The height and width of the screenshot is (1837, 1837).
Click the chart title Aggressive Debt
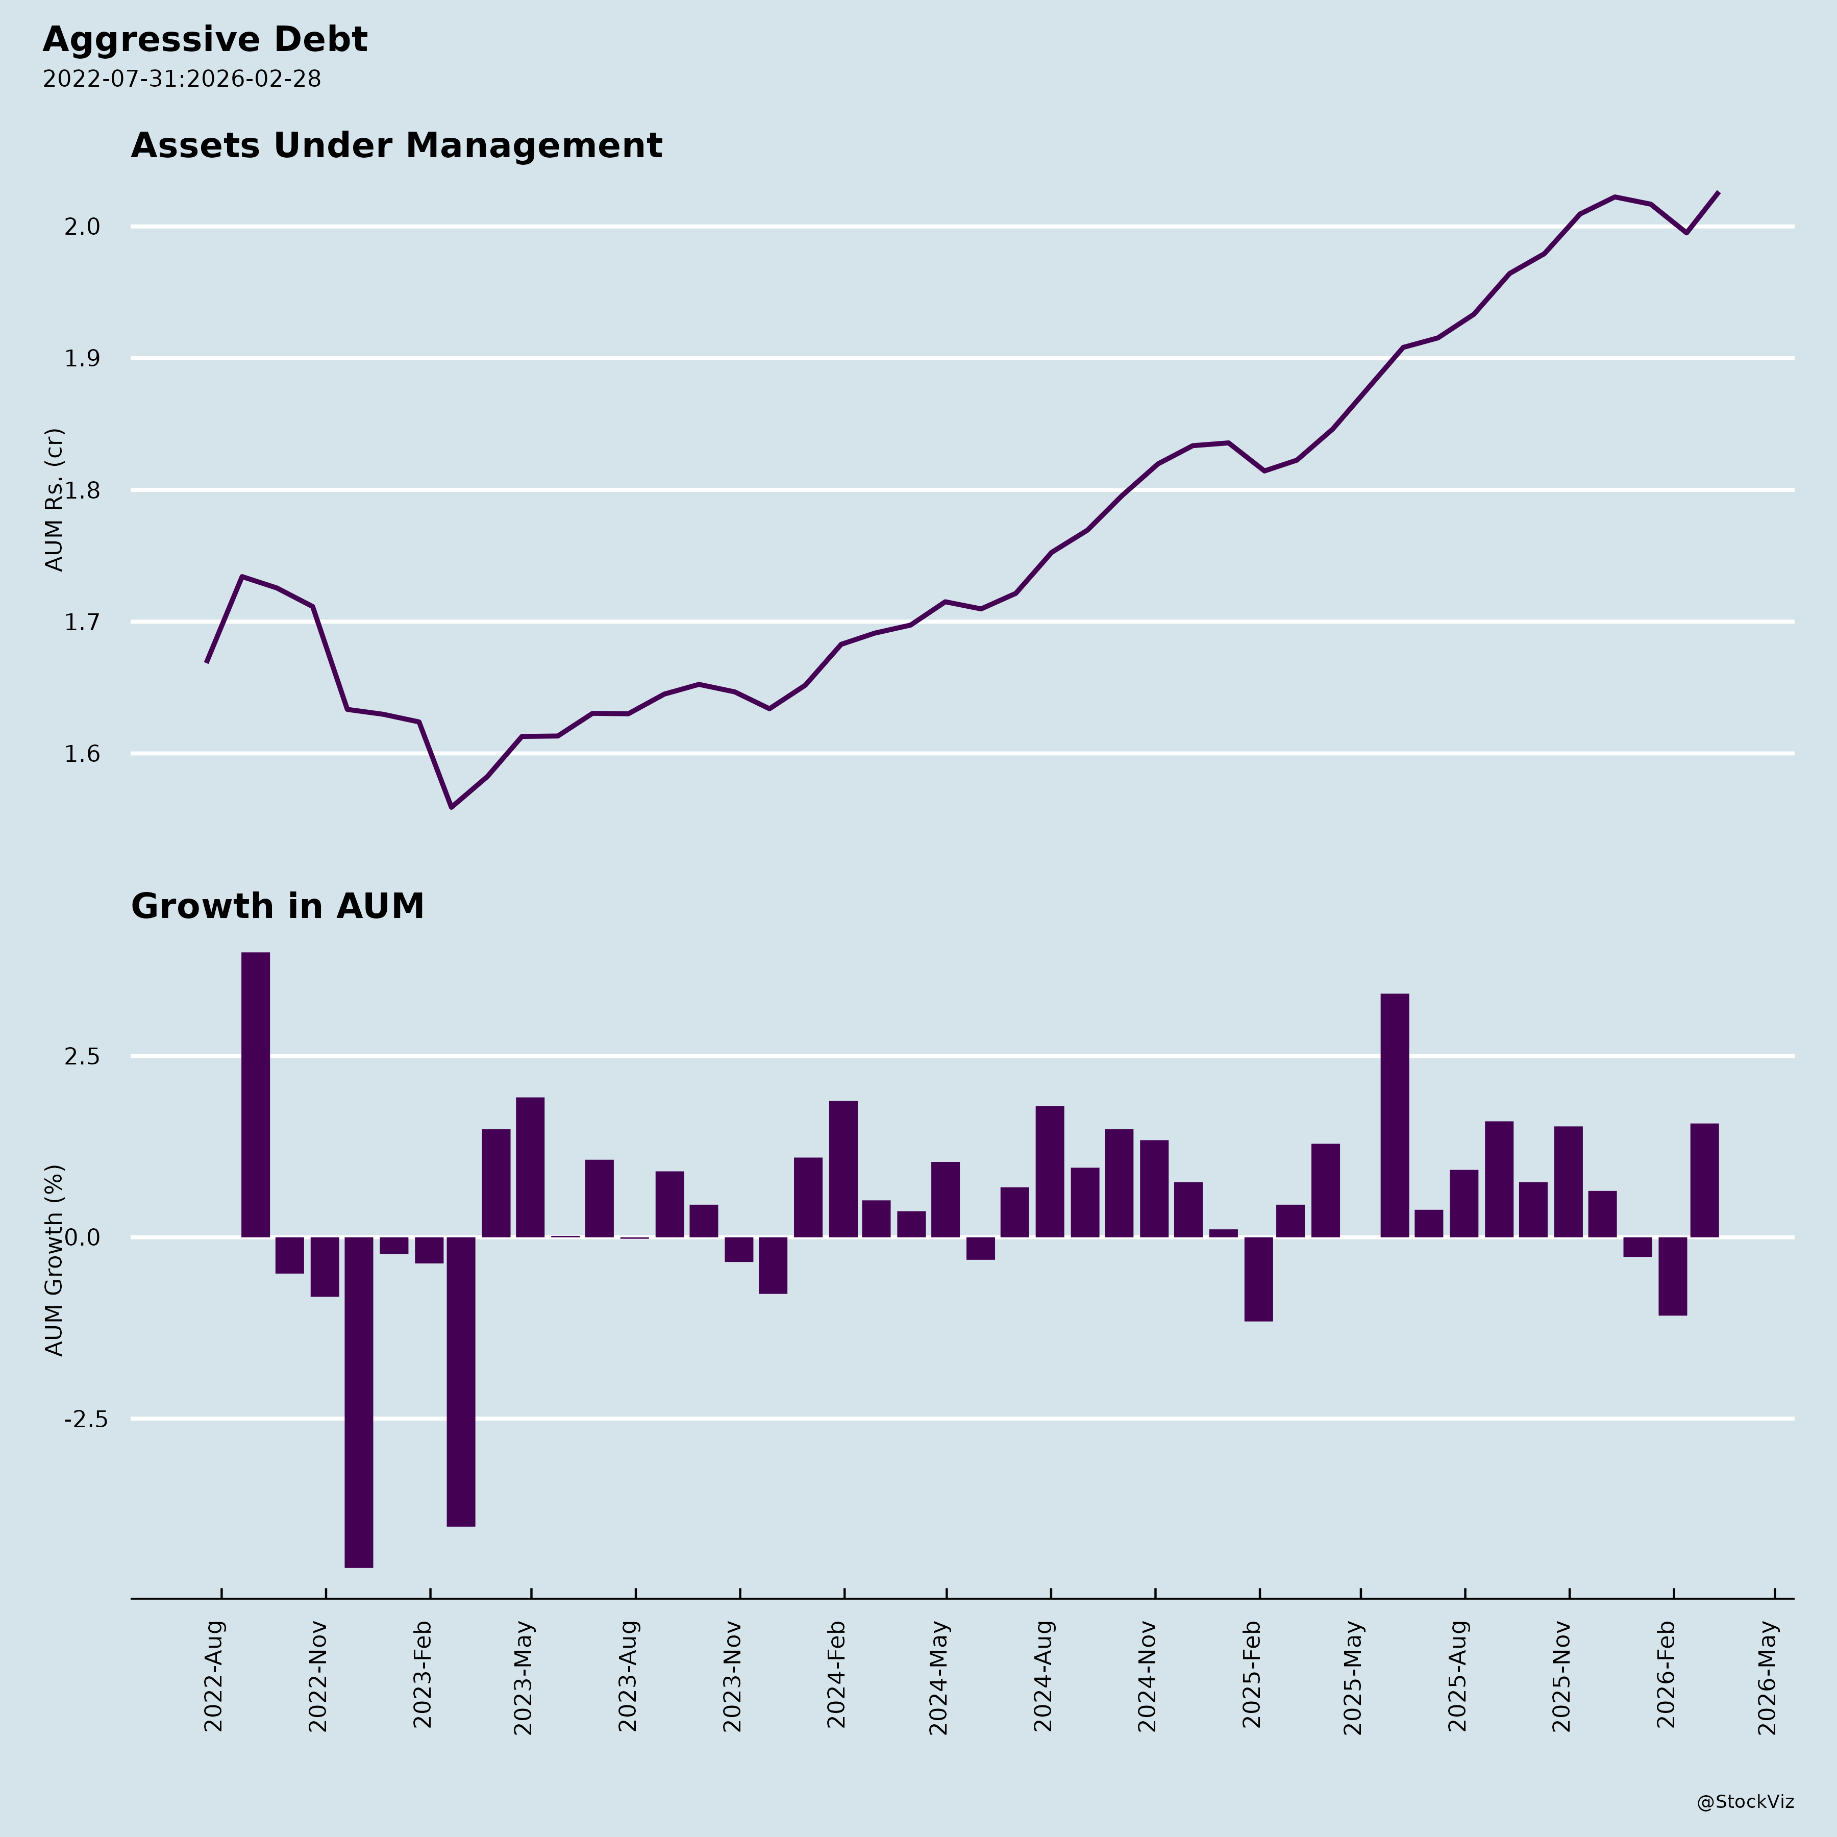[205, 40]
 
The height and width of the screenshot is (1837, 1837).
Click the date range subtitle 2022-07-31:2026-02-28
[182, 79]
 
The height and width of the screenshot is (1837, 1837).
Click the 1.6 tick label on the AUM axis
[83, 754]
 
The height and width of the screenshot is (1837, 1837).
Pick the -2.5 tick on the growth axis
[85, 1420]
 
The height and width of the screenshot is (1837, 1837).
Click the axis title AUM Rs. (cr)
[54, 499]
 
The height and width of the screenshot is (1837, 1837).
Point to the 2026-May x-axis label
[1768, 1678]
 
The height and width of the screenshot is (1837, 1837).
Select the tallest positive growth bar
[256, 1094]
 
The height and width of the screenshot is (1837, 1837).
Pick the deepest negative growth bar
[358, 1402]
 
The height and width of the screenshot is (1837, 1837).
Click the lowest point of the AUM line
[452, 807]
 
